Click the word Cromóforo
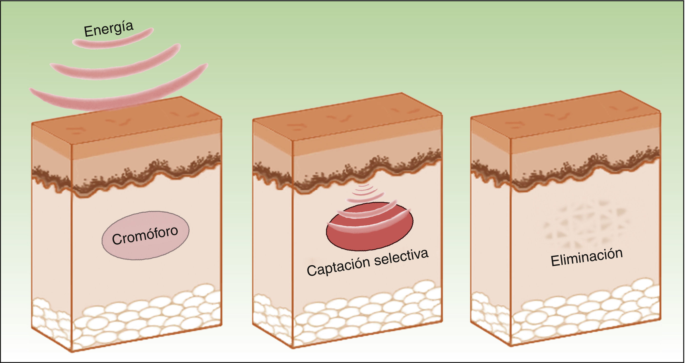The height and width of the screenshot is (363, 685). pyautogui.click(x=145, y=235)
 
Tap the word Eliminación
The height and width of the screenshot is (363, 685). pyautogui.click(x=587, y=257)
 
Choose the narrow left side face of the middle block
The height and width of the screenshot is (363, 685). pyautogui.click(x=273, y=239)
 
